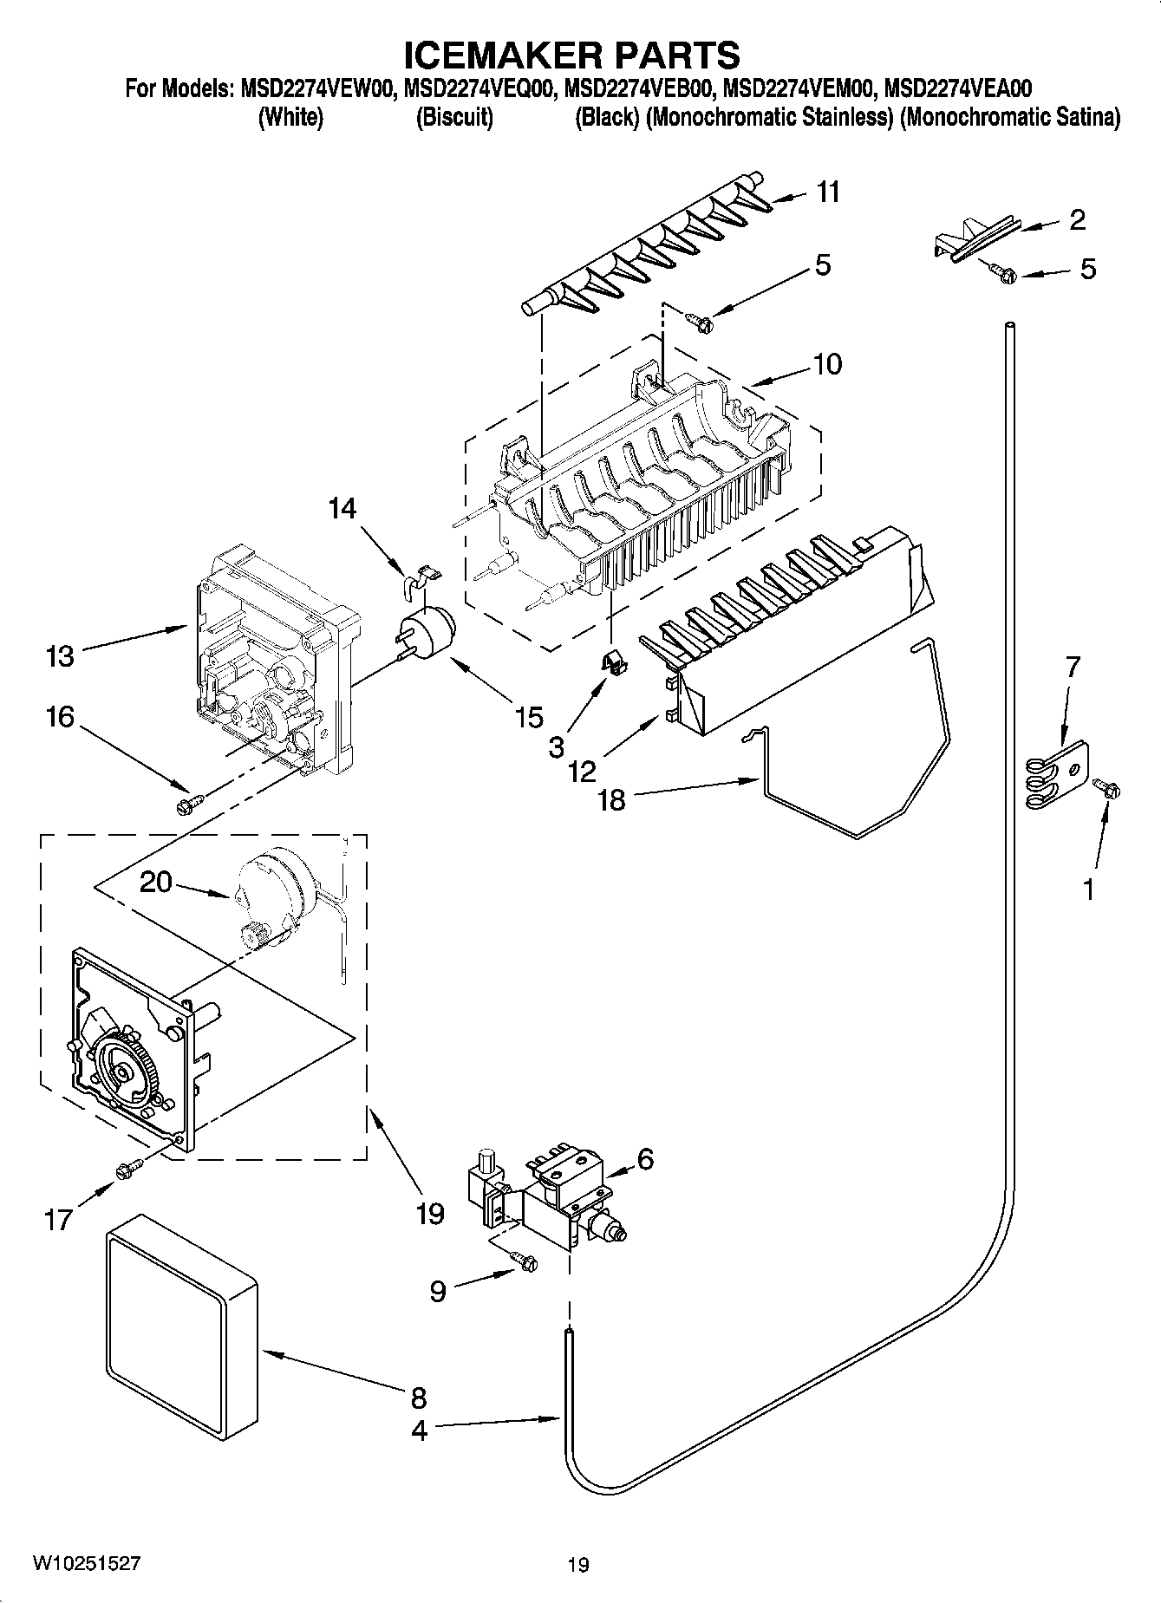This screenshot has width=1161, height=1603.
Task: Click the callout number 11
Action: pos(828,192)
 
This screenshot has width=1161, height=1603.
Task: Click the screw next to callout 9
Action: pos(524,1262)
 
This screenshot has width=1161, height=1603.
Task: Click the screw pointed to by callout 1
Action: pos(1107,787)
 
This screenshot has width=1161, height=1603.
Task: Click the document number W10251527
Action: pos(86,1563)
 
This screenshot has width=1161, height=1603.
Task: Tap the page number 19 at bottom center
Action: pos(578,1565)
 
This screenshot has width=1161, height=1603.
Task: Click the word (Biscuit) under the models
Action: pos(454,117)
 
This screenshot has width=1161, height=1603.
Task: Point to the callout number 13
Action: pos(60,655)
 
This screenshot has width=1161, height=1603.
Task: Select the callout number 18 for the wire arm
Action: pos(611,798)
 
